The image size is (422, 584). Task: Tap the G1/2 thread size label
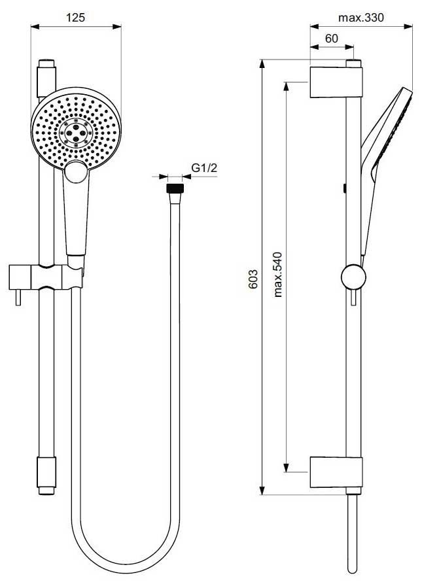203,169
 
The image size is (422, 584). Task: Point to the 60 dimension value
331,39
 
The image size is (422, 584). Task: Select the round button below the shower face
75,173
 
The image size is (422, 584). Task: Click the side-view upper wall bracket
336,81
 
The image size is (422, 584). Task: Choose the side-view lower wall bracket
336,471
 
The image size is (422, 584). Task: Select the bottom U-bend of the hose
124,566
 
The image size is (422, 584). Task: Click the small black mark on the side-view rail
344,189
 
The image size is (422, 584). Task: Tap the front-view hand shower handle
75,216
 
